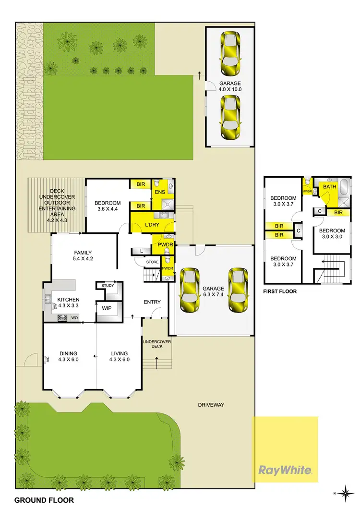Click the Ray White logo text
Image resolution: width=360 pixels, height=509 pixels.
coord(285,470)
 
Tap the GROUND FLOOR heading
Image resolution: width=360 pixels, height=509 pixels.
coord(44,500)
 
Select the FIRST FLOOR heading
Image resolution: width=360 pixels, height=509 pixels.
coord(280,291)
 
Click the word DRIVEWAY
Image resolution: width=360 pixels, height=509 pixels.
coord(211,405)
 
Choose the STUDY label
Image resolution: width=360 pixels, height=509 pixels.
coord(108,286)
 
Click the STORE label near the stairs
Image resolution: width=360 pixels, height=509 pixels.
coord(153,262)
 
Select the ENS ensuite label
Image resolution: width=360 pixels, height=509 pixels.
coord(160,193)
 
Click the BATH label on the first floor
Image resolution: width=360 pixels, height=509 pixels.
coord(330,186)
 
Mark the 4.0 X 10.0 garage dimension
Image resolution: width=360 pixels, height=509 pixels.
coord(230,89)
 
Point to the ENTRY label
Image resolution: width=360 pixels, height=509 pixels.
coord(152,302)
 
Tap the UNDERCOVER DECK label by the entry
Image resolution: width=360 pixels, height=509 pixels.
coord(154,344)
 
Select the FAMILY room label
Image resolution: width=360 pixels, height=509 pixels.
coord(82,253)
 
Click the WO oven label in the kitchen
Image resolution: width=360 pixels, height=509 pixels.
coord(74,317)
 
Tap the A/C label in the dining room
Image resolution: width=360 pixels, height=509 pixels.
coord(47,359)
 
